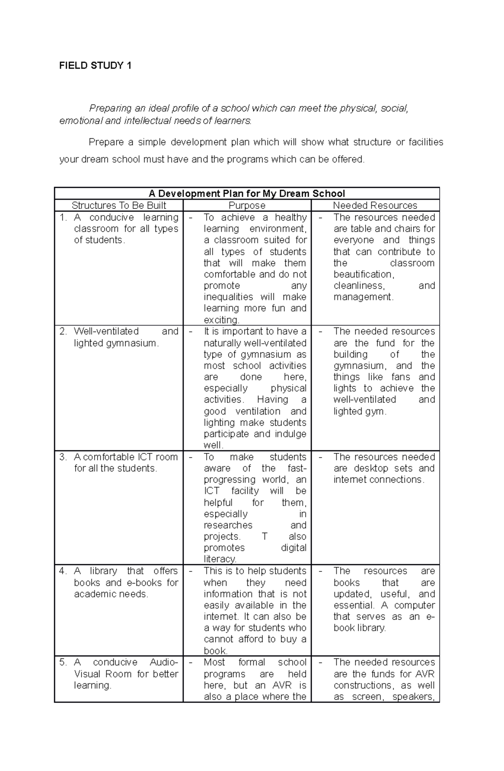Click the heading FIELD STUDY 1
pos(95,66)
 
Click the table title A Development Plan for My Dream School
pos(247,194)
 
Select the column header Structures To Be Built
pos(119,205)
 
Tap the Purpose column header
pos(247,205)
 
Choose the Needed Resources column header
pos(375,205)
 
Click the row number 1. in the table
pos(63,218)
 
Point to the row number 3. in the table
pos(63,457)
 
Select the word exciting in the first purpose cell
pos(220,320)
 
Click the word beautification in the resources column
pos(363,274)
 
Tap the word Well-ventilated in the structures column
pos(106,332)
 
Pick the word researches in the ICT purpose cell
pos(228,525)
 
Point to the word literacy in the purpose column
pos(220,559)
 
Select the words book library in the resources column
pos(360,628)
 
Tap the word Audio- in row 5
pos(164,663)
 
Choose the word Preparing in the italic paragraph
pos(110,108)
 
